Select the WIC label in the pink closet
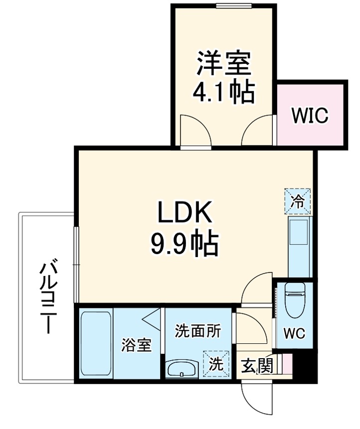(310, 116)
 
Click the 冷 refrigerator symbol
(297, 200)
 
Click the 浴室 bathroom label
(137, 345)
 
